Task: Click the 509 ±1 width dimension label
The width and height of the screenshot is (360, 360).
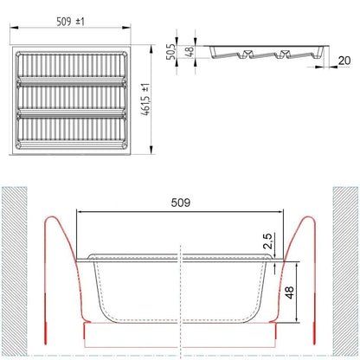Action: coord(70,22)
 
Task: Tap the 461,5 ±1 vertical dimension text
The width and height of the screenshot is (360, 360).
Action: coord(145,100)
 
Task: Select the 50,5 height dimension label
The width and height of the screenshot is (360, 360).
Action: coord(171,52)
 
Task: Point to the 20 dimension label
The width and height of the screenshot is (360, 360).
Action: coord(344,61)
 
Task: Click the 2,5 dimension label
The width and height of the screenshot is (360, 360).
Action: coord(267,241)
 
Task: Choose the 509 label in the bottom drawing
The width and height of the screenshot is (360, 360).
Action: coord(181,202)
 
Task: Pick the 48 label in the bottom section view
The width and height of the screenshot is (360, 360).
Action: coord(290,292)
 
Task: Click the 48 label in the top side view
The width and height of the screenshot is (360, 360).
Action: coord(190,52)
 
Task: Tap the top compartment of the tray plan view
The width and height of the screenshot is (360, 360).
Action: coord(71,65)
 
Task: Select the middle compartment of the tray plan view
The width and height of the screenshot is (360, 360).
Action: coord(71,98)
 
